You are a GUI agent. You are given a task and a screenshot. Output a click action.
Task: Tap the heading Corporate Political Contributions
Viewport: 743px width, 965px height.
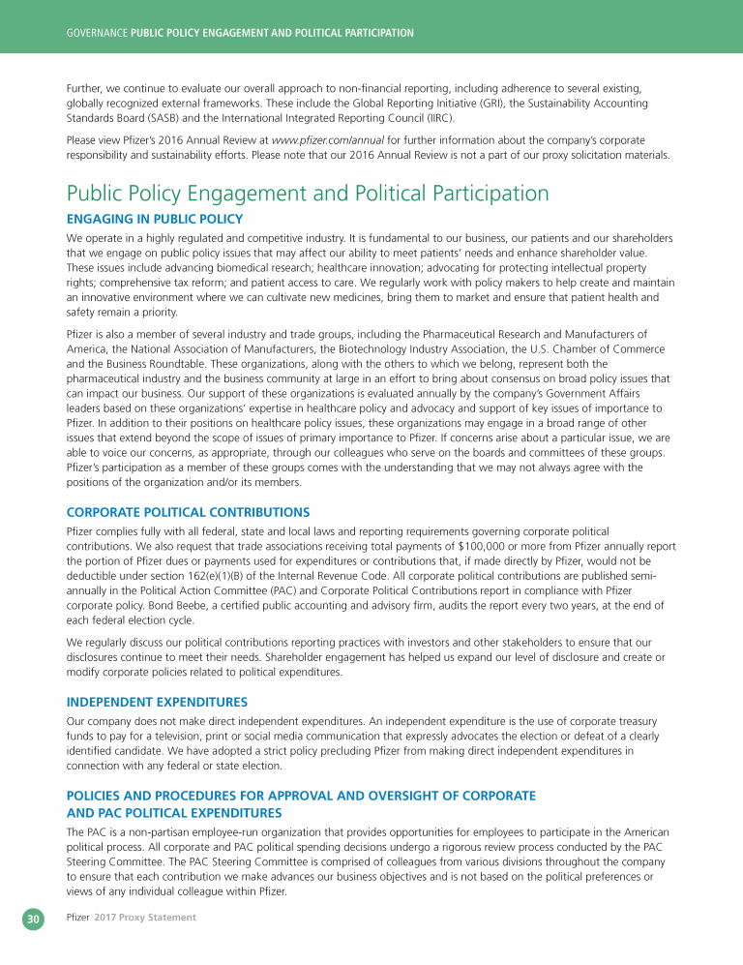coord(188,512)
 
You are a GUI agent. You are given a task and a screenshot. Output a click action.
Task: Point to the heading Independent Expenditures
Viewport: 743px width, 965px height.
coord(157,702)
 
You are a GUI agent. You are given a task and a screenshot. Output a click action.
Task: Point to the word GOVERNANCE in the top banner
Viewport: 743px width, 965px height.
coord(92,33)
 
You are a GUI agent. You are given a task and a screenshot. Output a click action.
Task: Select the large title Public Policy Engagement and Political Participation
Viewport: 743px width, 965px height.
coord(308,193)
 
